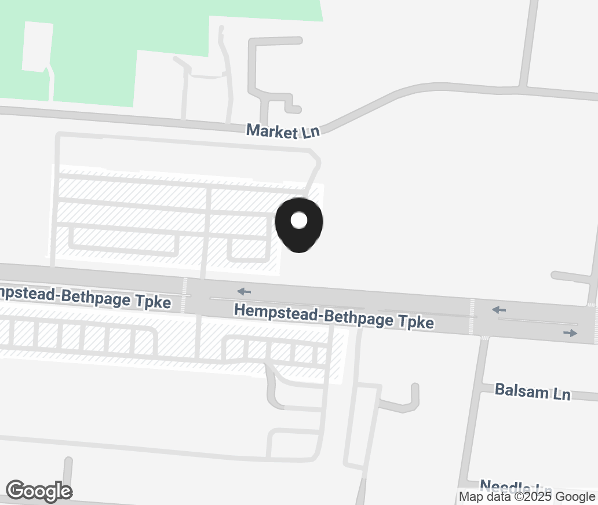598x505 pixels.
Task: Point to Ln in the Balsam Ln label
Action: click(x=561, y=394)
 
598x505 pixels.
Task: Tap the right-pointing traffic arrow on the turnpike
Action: click(x=570, y=333)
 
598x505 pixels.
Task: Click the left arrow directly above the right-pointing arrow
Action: click(x=499, y=310)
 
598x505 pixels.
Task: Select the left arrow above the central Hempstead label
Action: click(x=244, y=291)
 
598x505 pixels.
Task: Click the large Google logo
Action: click(x=39, y=491)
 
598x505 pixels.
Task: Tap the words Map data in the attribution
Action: click(x=484, y=497)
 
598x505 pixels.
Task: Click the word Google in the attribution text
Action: click(x=575, y=497)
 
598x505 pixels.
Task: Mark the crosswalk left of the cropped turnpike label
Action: click(x=185, y=294)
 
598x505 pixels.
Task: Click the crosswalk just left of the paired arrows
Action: click(x=472, y=316)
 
